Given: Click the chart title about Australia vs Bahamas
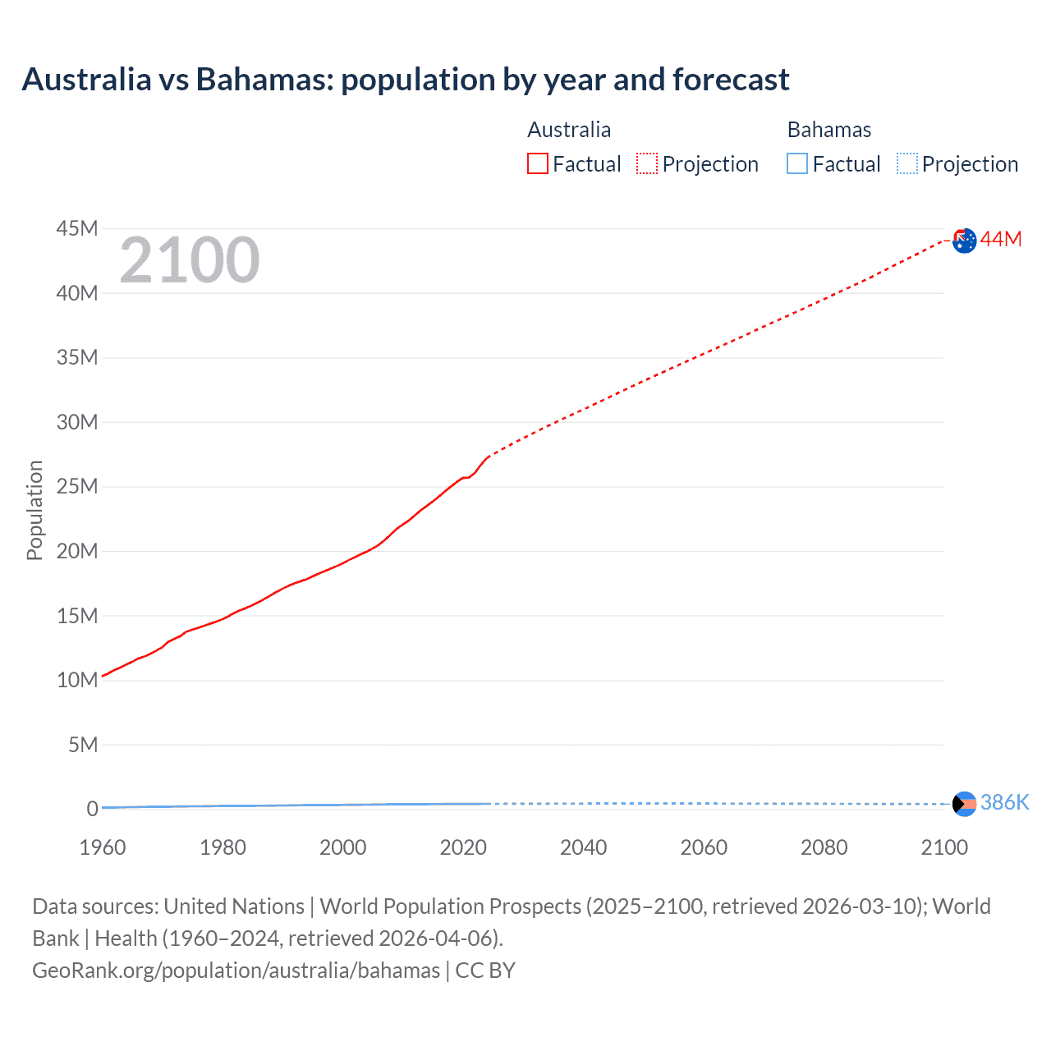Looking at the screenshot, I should point(406,80).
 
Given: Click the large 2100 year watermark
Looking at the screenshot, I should point(190,260).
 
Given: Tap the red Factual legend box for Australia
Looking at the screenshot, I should point(538,163).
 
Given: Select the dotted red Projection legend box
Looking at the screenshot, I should point(647,163).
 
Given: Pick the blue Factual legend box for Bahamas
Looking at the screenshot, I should point(797,163).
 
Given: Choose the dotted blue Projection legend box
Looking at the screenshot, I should point(907,163).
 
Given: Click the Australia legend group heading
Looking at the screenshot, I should point(569,130).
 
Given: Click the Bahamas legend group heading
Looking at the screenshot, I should point(829,130).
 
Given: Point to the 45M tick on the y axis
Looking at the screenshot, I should point(77,228).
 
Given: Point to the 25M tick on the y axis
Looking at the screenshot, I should point(77,486).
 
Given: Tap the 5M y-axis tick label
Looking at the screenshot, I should point(83,745).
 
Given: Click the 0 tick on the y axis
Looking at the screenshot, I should point(92,809).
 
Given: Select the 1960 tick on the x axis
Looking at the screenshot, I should point(103,847).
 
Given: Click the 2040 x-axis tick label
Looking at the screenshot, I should point(583,847).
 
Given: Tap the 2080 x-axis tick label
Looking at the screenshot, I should point(824,847).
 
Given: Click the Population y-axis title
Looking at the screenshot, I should point(34,510).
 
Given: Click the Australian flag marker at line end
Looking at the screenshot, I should point(965,241).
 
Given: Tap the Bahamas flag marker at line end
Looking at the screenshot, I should point(965,803).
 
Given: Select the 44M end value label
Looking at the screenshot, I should point(1001,239).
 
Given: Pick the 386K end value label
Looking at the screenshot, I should point(1004,802).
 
